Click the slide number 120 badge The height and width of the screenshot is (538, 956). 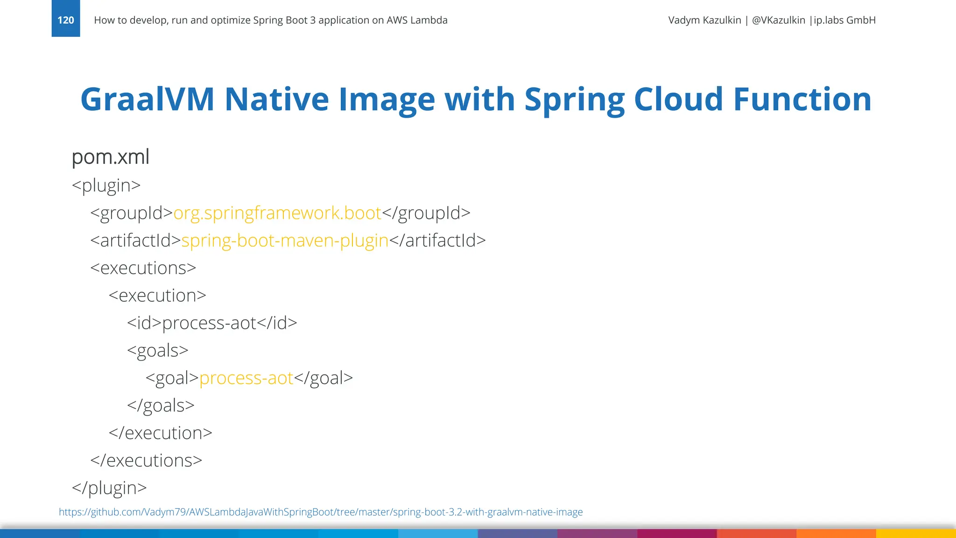point(66,20)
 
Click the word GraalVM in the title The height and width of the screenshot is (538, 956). point(148,99)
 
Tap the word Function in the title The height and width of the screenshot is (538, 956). point(802,99)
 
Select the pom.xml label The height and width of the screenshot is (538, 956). point(111,157)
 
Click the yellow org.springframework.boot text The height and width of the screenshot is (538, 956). point(277,213)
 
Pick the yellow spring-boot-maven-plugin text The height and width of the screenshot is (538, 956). point(285,241)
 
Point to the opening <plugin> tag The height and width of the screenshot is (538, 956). point(106,185)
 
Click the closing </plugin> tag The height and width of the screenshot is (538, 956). point(109,488)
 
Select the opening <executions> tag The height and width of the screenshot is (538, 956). point(143,268)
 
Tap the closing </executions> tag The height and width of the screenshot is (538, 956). point(146,460)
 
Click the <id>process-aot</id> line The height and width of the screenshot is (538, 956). point(212,323)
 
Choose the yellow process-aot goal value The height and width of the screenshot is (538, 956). point(246,378)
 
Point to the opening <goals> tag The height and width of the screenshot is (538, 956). point(158,351)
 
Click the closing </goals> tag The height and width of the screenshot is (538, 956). point(161,405)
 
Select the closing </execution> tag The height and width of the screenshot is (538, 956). point(161,433)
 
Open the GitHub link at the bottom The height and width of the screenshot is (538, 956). point(321,512)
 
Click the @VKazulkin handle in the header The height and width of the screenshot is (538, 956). point(779,20)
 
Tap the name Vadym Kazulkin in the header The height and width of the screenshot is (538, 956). point(704,20)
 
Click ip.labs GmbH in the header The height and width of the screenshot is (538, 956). point(844,20)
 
